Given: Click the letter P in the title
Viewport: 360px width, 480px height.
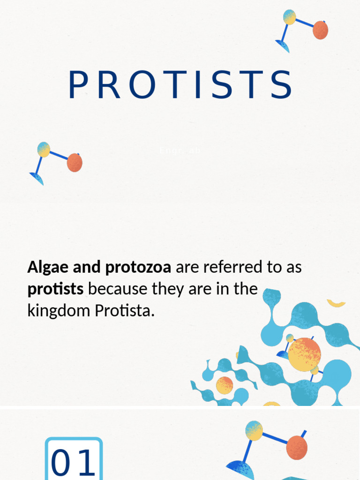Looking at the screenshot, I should (x=78, y=85).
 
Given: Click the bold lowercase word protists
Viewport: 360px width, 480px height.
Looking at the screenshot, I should (x=55, y=289).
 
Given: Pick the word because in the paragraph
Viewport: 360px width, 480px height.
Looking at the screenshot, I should (x=118, y=289).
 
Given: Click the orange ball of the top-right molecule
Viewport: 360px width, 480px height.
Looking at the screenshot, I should (x=320, y=30).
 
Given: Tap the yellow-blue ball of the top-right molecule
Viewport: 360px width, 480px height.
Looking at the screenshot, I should (x=290, y=17).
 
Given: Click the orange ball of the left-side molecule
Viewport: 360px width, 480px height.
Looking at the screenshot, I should (x=75, y=163).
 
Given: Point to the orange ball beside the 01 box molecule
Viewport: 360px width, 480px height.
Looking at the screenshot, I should (x=297, y=447).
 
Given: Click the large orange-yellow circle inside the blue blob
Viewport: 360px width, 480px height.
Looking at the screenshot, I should (x=304, y=354).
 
